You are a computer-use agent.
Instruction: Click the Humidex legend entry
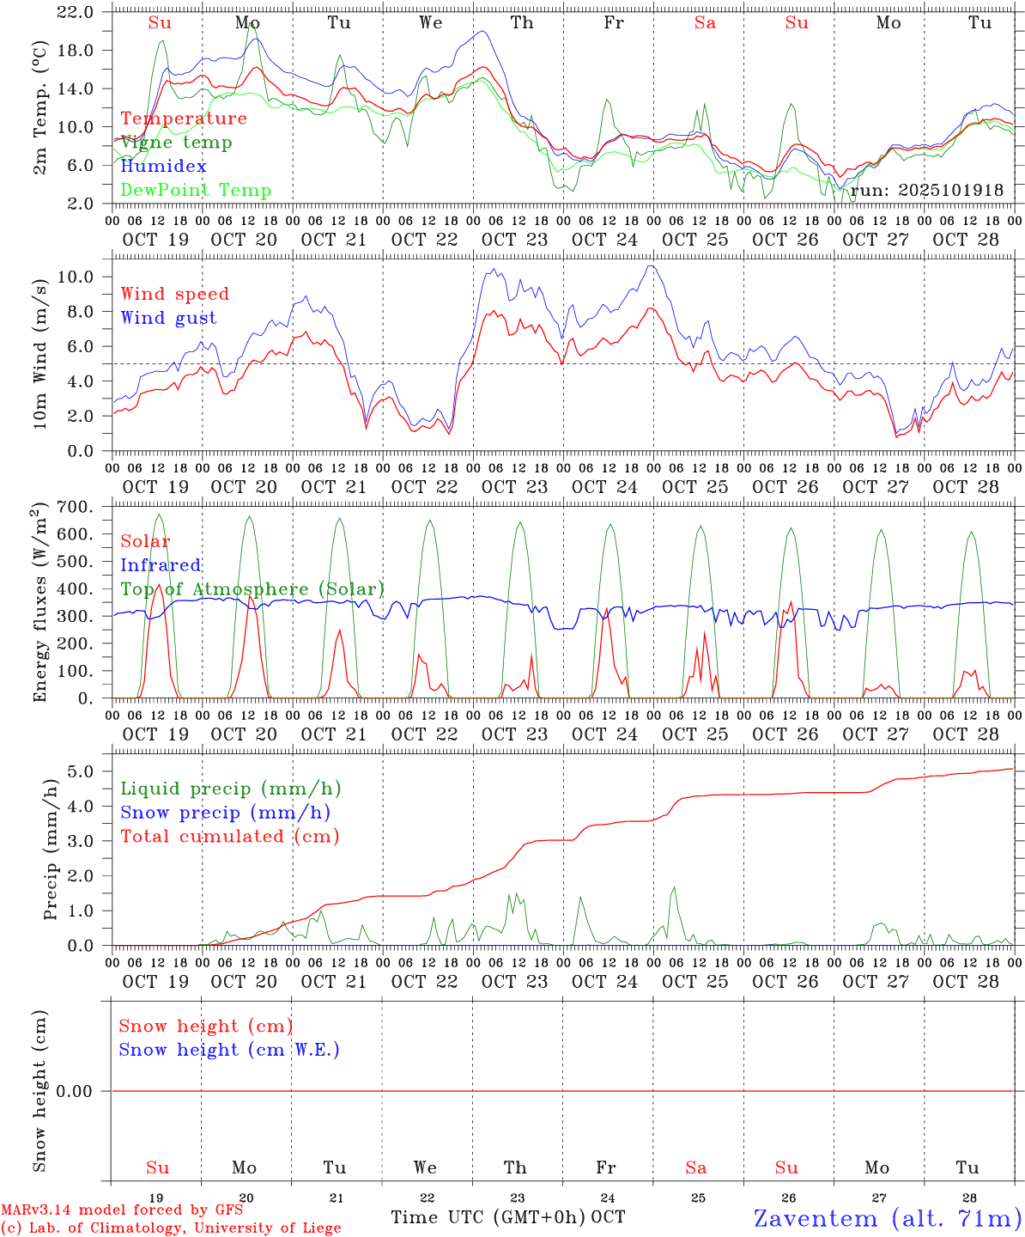[x=163, y=167]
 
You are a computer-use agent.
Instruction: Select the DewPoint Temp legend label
[x=196, y=191]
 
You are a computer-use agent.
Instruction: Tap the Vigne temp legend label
[x=176, y=143]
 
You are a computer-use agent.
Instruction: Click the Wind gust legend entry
[x=168, y=318]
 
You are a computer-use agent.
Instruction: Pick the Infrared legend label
[x=161, y=565]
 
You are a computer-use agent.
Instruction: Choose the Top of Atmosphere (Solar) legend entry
[x=252, y=589]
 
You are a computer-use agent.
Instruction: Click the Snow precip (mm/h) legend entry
[x=225, y=813]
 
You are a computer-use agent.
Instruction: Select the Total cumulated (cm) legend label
[x=229, y=837]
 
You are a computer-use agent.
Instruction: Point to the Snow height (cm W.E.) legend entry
[x=228, y=1050]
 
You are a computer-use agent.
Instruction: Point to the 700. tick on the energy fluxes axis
[x=75, y=508]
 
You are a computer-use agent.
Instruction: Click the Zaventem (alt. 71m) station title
[x=887, y=1218]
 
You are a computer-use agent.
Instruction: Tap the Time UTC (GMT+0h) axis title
[x=488, y=1217]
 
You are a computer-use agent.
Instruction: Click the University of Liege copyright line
[x=171, y=1228]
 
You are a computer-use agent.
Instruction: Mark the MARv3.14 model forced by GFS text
[x=122, y=1210]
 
